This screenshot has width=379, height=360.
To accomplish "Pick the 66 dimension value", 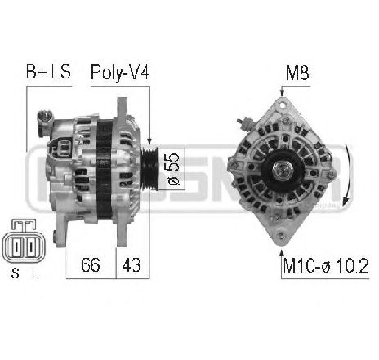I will (x=91, y=264).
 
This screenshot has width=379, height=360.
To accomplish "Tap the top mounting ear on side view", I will (x=123, y=106).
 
